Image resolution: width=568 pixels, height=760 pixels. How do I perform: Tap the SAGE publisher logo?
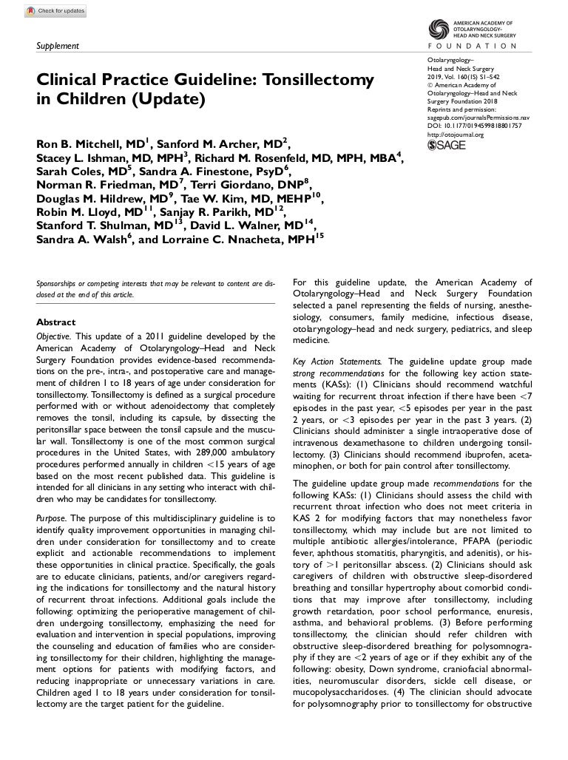click(447, 145)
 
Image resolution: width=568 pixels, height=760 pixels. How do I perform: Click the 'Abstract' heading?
click(56, 322)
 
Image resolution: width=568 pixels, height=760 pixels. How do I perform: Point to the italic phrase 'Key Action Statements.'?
click(337, 362)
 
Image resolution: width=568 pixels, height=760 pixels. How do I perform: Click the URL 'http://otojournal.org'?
click(456, 135)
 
